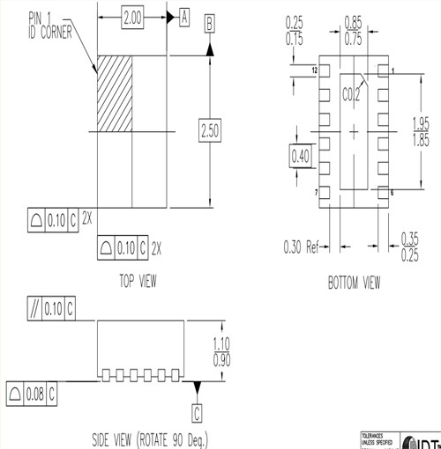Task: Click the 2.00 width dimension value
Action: (x=131, y=18)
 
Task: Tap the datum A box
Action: (x=184, y=18)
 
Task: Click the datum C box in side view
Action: (x=198, y=409)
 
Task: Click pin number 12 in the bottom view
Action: (x=313, y=69)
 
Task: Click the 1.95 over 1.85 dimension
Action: (x=422, y=132)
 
